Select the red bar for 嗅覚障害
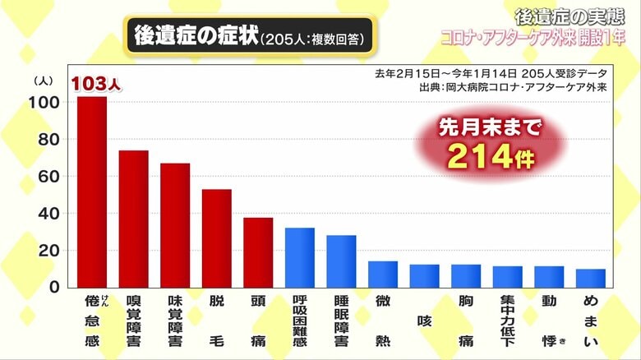[133, 219]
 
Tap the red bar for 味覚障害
[175, 225]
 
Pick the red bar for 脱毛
[216, 238]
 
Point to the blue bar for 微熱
[382, 274]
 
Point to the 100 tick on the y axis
[46, 103]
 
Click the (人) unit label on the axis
[44, 81]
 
